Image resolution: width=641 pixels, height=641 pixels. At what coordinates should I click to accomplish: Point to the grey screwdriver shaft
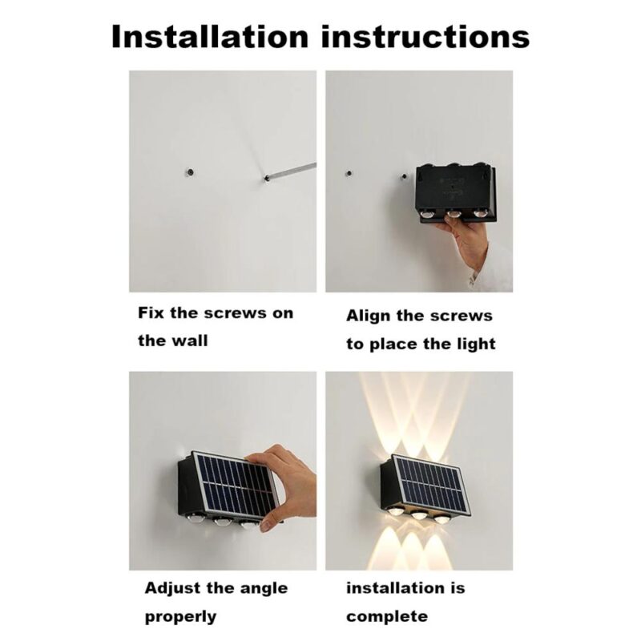[292, 170]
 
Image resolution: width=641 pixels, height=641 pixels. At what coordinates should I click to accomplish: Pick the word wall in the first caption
[189, 341]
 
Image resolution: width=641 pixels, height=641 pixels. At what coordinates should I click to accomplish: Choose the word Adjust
[172, 589]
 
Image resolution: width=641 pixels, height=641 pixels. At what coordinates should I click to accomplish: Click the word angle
[259, 589]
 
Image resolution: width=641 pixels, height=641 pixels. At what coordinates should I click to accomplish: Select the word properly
[180, 617]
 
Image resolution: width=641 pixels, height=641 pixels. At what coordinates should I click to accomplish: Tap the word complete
[386, 617]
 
